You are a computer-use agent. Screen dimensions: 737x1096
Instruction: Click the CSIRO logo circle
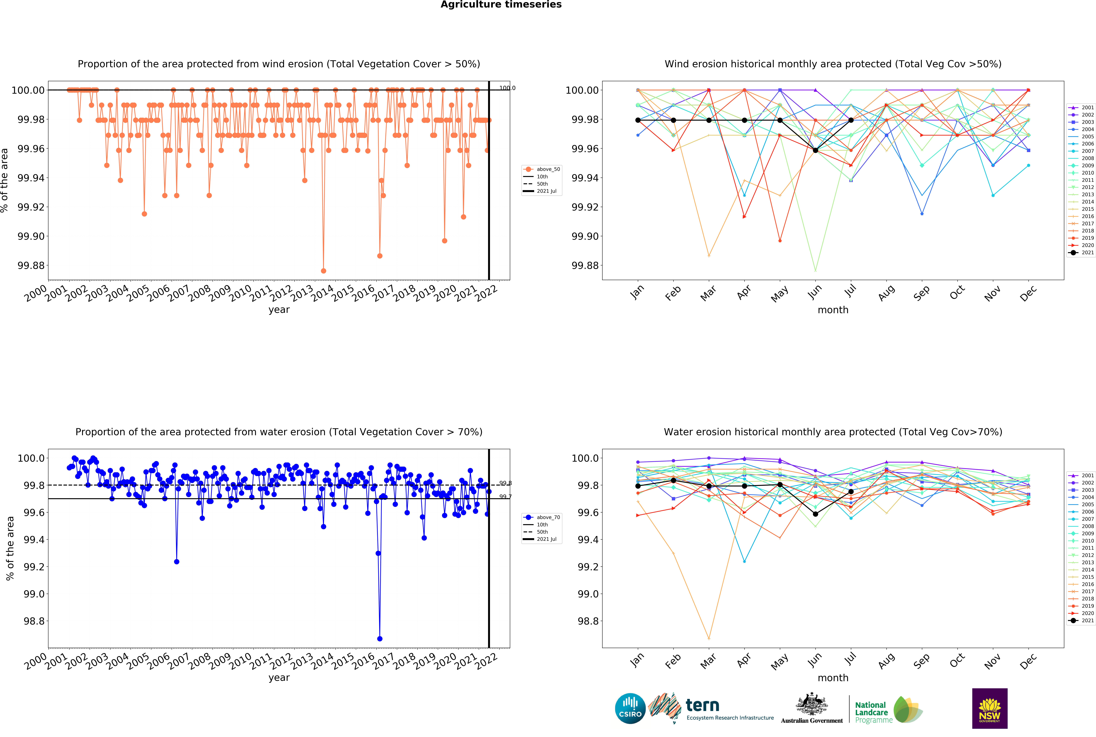630,708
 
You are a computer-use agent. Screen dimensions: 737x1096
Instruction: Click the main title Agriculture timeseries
501,5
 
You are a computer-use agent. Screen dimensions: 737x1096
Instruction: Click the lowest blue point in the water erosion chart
380,639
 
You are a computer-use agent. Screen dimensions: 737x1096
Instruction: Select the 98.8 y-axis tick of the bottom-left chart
34,621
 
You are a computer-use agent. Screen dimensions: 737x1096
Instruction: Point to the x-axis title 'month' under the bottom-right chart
833,678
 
